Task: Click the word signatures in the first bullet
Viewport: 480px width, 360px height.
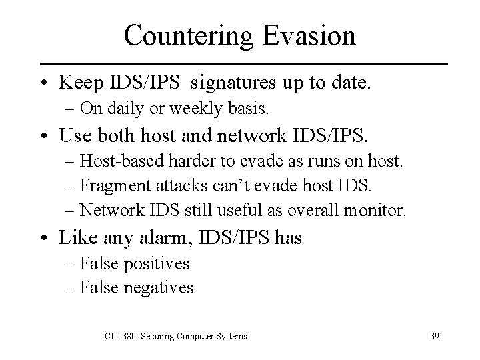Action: (228, 83)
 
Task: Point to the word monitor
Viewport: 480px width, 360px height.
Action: (376, 210)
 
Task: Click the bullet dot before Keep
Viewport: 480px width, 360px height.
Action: (45, 83)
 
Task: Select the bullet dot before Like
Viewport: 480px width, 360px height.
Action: (45, 238)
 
